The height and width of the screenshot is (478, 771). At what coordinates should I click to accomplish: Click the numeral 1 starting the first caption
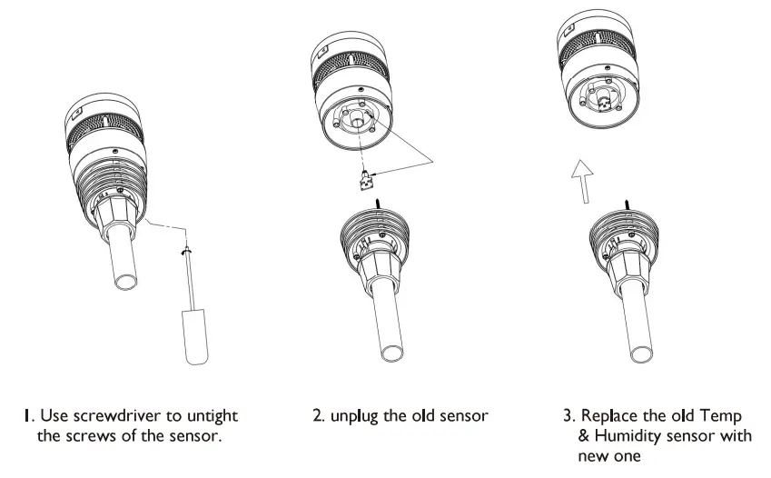pos(27,416)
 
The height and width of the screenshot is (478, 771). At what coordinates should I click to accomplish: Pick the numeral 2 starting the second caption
pos(317,416)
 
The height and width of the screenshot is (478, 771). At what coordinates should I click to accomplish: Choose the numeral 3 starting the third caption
pos(568,416)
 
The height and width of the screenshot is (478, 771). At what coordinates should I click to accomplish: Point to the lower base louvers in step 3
pos(620,228)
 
